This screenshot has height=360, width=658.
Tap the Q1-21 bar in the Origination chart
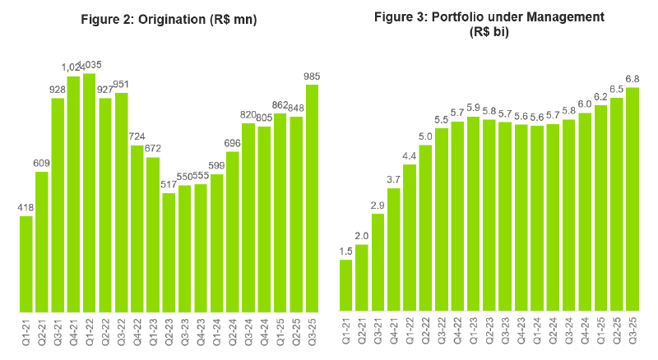[26, 264]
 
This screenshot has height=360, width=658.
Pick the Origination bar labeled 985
[312, 198]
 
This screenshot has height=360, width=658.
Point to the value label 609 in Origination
[42, 164]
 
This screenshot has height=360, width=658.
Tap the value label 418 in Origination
[26, 208]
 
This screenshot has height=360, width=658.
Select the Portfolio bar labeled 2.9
[378, 262]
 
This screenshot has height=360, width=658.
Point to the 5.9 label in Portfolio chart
[473, 108]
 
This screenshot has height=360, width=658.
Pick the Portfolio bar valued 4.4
[410, 238]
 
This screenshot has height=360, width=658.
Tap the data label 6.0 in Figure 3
[585, 104]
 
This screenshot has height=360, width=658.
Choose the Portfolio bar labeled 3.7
[394, 250]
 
